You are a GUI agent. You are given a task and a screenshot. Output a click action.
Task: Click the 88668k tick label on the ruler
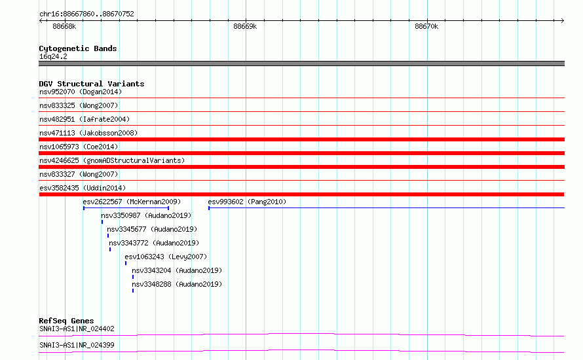click(x=64, y=26)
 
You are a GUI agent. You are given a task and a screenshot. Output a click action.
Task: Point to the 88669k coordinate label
click(x=245, y=26)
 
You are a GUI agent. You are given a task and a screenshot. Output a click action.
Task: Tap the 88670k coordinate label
click(x=426, y=26)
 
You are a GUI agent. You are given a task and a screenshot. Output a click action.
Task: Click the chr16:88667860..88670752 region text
click(x=86, y=14)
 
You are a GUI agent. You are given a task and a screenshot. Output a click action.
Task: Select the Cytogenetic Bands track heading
click(x=78, y=48)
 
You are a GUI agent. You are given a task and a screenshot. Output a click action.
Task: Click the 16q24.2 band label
click(x=53, y=56)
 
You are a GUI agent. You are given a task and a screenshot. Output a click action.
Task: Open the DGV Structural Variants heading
click(x=92, y=84)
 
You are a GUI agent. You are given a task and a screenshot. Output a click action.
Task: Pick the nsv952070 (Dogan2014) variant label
click(x=81, y=92)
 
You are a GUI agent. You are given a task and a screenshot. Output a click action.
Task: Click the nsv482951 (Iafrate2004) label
click(x=85, y=119)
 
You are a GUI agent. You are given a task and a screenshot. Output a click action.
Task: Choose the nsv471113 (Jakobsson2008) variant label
click(x=88, y=133)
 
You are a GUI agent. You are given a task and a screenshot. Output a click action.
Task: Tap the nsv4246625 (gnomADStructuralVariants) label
click(x=112, y=160)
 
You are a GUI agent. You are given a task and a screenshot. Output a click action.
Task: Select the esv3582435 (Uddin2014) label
click(x=83, y=188)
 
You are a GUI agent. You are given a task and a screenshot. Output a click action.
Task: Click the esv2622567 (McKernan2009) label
click(x=132, y=202)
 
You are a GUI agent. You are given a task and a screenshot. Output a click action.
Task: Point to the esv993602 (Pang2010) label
click(x=247, y=202)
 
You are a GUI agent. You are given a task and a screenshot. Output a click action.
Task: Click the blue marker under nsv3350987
click(x=102, y=222)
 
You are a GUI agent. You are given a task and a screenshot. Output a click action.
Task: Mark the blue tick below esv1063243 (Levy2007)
click(x=126, y=263)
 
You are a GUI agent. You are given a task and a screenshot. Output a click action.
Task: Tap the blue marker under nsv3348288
click(x=133, y=291)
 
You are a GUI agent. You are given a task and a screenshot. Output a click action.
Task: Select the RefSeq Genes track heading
click(x=66, y=321)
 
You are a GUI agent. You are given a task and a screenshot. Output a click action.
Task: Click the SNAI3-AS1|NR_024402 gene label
click(x=77, y=329)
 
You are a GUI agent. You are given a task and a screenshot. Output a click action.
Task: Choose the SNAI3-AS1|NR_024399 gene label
click(x=77, y=345)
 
